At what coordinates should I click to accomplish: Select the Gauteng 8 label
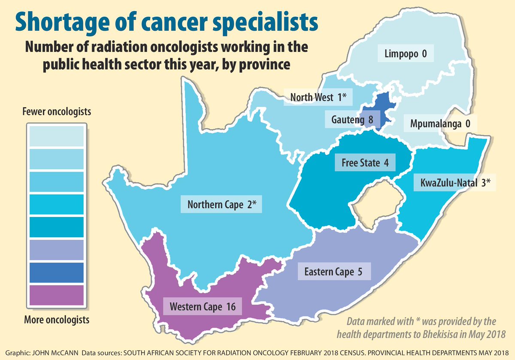pos(352,119)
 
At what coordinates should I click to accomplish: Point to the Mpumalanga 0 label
pos(440,124)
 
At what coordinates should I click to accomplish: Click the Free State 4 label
pos(365,163)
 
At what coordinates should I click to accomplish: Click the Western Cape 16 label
pos(200,307)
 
